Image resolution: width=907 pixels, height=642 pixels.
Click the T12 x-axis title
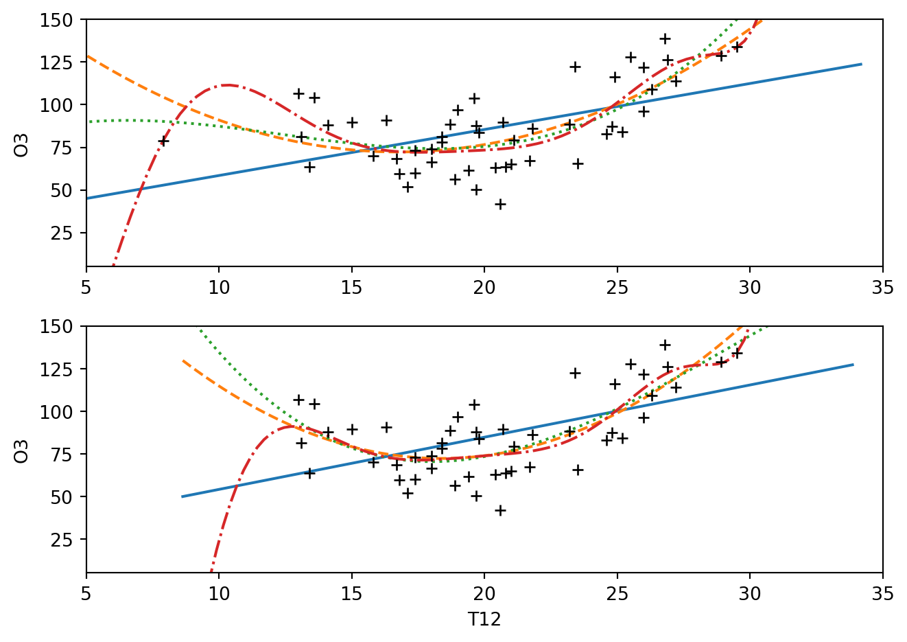tap(484, 620)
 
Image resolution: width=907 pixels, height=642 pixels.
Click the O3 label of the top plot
tap(22, 143)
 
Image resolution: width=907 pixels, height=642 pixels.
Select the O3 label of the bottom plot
tap(22, 450)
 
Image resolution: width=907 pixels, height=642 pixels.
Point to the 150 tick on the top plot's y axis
tap(62, 20)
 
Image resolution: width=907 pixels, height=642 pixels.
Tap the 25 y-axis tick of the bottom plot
tap(67, 539)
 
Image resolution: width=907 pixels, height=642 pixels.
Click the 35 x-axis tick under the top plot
tap(882, 287)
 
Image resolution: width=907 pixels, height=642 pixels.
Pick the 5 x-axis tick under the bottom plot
tap(86, 593)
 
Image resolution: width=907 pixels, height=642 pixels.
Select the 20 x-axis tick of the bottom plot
tap(484, 593)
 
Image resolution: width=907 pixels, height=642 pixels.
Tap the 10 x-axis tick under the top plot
tap(219, 287)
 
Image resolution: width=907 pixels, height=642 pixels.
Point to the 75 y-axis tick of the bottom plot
tap(67, 454)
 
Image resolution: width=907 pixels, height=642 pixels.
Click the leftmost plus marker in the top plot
tap(163, 141)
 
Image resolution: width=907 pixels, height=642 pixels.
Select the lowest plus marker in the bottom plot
tap(500, 510)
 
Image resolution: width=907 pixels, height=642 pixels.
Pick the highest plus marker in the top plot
tap(665, 38)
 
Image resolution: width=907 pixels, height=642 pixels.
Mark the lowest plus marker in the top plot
tap(500, 204)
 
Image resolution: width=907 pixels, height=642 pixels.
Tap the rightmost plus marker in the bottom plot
tap(737, 353)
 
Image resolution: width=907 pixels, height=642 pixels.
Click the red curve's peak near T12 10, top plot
tap(227, 85)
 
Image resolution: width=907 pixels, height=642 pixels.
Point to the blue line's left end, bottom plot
tap(182, 496)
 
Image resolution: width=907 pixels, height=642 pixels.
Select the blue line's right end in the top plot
tap(861, 65)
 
